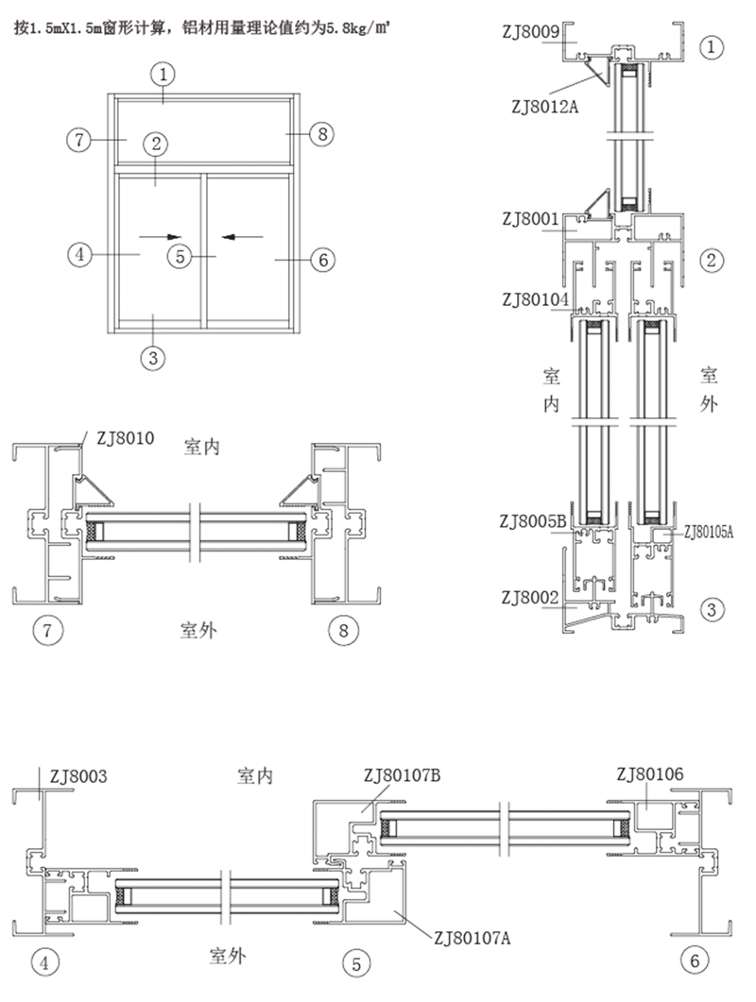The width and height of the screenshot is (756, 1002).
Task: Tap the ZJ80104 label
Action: (x=536, y=299)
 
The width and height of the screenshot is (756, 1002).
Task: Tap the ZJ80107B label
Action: (x=403, y=776)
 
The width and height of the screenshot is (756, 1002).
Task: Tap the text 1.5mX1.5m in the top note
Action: (x=75, y=27)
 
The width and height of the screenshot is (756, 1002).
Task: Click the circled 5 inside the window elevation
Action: (x=180, y=255)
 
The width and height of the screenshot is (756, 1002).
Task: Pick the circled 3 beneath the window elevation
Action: (x=153, y=357)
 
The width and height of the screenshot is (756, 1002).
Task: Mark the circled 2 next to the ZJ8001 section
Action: (x=713, y=258)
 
